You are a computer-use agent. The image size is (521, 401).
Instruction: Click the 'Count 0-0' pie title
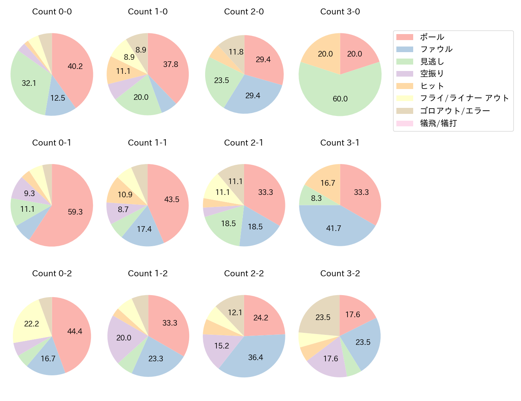[x=52, y=12]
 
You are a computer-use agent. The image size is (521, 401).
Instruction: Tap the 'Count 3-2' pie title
[x=340, y=273]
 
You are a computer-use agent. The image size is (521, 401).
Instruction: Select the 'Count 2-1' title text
[x=244, y=143]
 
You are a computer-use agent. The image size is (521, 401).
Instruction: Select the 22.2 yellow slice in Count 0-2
[x=30, y=323]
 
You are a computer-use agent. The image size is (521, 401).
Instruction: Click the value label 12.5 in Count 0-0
[x=58, y=98]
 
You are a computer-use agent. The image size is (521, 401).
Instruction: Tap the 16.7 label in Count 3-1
[x=327, y=183]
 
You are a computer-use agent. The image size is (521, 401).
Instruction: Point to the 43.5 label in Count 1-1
[x=172, y=199]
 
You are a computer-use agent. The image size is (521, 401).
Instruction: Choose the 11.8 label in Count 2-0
[x=236, y=52]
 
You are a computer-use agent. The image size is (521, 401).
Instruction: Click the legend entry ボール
[x=432, y=37]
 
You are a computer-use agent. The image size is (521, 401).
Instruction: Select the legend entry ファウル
[x=436, y=49]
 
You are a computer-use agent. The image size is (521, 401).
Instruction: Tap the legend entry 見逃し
[x=432, y=61]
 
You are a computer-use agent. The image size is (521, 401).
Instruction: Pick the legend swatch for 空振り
[x=404, y=74]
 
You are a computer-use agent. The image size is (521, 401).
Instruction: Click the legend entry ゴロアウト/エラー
[x=455, y=111]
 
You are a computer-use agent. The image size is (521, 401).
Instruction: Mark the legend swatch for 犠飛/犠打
[x=404, y=123]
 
